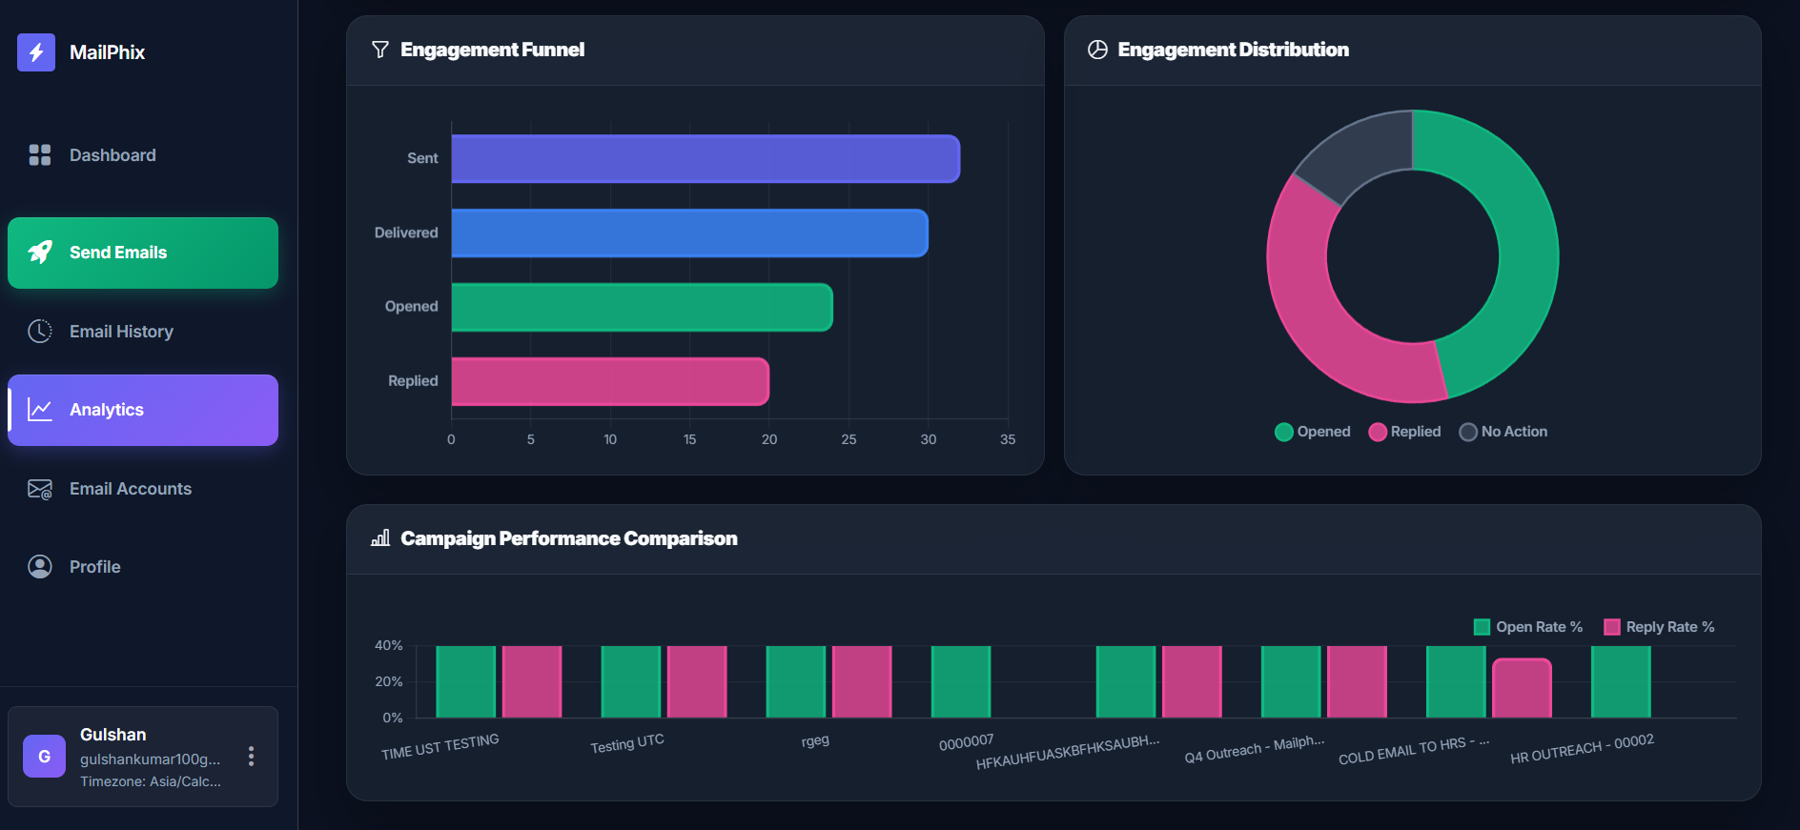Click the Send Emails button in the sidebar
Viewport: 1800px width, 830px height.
click(143, 253)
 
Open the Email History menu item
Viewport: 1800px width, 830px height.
click(120, 332)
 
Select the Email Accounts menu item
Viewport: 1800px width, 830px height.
click(130, 489)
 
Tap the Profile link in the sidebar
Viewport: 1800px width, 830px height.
click(94, 567)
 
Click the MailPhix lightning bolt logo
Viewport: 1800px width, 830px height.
click(36, 52)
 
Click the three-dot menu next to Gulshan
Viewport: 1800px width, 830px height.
click(251, 756)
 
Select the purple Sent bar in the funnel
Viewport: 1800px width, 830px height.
click(705, 158)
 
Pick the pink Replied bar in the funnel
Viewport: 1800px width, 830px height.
click(609, 381)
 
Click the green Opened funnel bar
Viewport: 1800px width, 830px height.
click(642, 307)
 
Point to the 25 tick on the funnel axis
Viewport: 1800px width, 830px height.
click(849, 439)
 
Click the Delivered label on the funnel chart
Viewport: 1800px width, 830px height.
click(406, 233)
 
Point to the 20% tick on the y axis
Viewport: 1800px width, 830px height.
click(388, 681)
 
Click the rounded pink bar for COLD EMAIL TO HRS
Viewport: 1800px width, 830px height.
click(1522, 688)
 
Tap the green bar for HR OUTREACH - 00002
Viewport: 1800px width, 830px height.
click(1621, 681)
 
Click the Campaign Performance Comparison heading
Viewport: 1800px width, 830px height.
click(568, 538)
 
